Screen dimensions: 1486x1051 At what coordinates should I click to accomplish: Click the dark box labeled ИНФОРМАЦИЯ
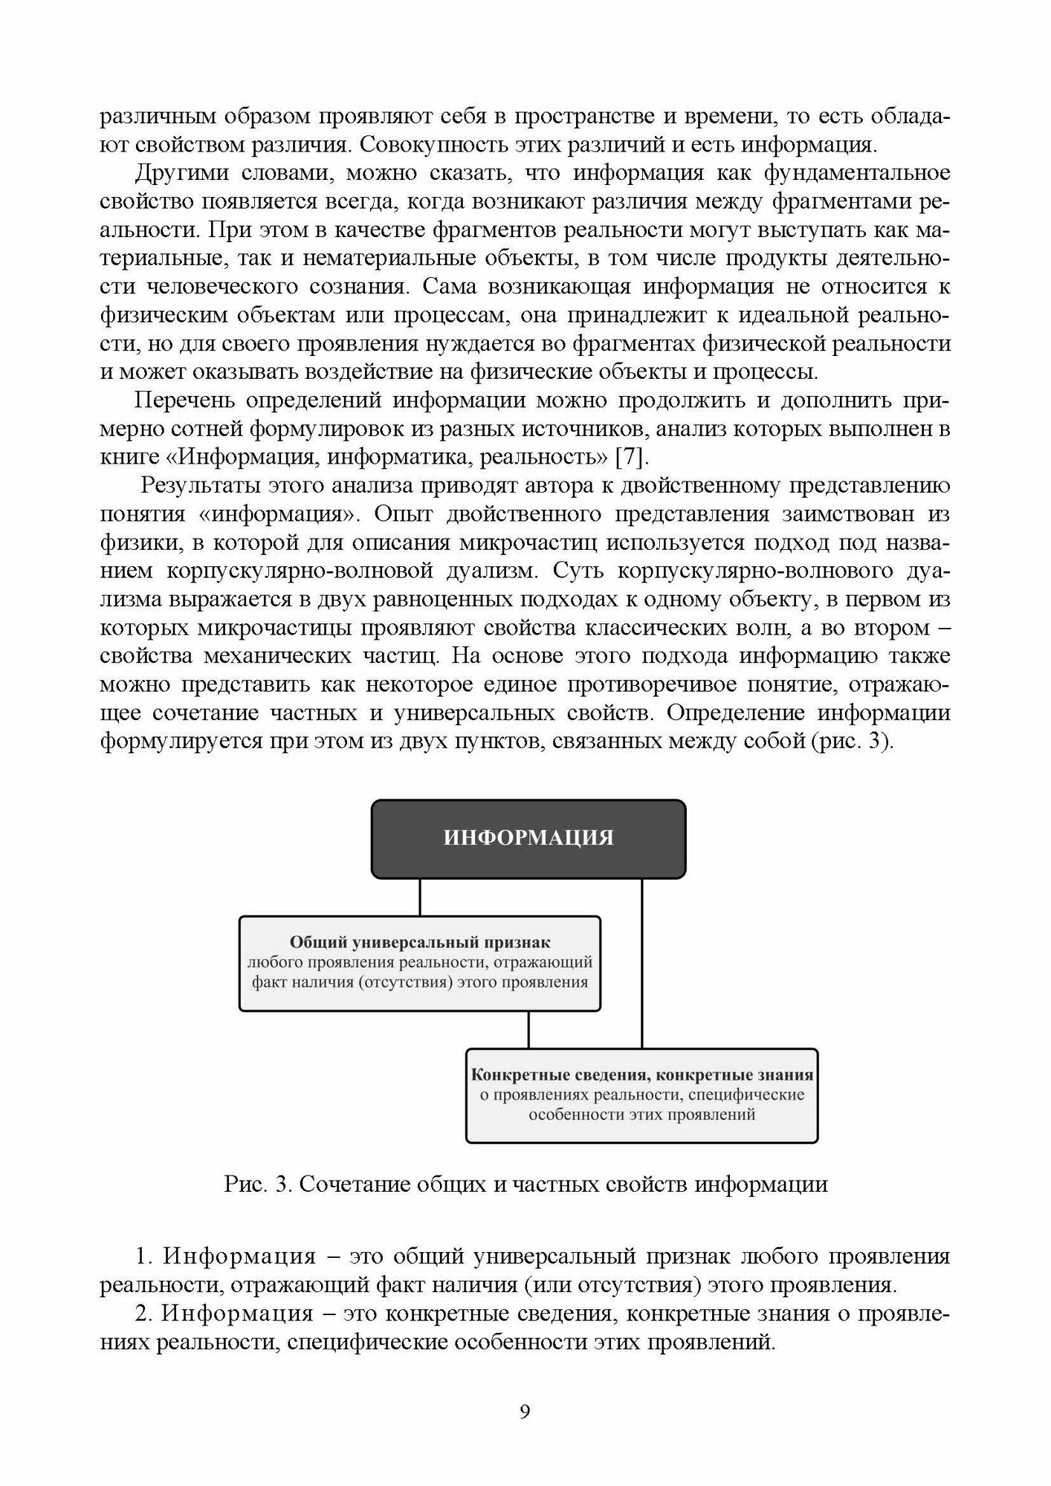coord(528,838)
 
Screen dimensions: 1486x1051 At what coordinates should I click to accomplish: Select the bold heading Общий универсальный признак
coord(420,942)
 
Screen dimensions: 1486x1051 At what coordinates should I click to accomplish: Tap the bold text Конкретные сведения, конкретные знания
coord(641,1074)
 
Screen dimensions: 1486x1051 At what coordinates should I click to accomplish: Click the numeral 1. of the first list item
coord(144,1257)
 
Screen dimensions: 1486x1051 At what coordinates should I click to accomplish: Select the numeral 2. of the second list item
coord(144,1314)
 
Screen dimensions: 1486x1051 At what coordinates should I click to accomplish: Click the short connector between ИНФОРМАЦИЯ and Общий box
coord(421,897)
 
